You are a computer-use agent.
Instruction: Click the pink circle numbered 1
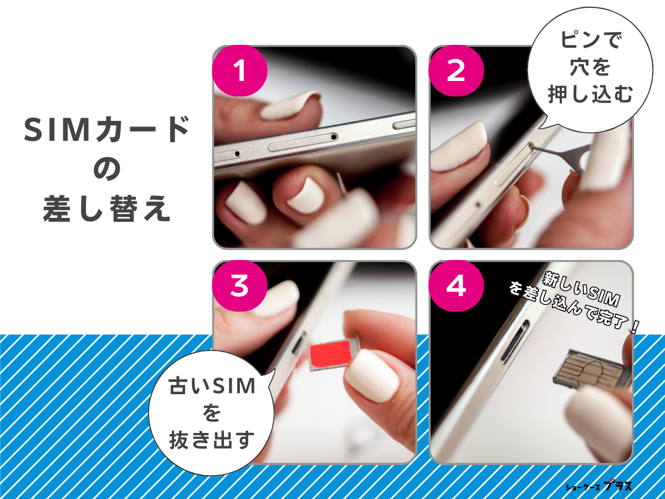tap(240, 72)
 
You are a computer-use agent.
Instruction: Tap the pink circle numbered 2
tap(456, 72)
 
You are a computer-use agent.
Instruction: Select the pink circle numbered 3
tap(240, 287)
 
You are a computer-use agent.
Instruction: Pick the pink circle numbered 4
tap(456, 287)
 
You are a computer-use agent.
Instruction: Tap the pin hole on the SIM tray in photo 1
tap(334, 136)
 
